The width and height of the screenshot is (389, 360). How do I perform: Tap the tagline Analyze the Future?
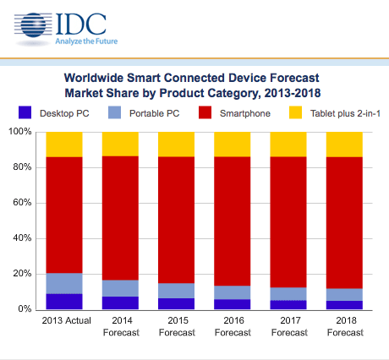tap(86, 41)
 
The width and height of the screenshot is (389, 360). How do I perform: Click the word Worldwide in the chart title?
tap(94, 78)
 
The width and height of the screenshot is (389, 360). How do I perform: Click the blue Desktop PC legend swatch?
tap(25, 112)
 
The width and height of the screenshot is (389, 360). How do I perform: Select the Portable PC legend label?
tap(154, 113)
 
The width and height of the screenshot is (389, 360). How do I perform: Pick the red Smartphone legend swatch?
tap(205, 112)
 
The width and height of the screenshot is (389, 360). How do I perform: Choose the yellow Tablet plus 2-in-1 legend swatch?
tap(295, 112)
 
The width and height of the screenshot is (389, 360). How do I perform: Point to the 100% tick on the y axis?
tap(19, 131)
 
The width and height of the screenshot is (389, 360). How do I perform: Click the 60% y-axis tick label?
tap(22, 203)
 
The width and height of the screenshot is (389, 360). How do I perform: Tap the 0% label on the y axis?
tap(25, 309)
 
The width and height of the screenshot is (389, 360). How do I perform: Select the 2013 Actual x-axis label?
tap(67, 320)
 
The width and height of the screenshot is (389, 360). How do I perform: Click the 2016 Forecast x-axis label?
tap(233, 326)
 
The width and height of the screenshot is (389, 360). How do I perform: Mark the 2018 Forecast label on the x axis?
tap(345, 326)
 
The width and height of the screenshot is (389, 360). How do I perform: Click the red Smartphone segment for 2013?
tap(64, 215)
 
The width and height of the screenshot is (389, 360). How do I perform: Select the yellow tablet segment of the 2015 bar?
tap(176, 145)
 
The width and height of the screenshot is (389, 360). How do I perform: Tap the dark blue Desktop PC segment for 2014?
tap(120, 303)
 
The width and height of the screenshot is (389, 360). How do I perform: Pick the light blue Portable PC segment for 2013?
tap(64, 283)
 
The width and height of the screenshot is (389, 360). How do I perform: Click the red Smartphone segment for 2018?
tap(344, 223)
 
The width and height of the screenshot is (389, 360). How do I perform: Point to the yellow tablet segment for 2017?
tap(288, 145)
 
